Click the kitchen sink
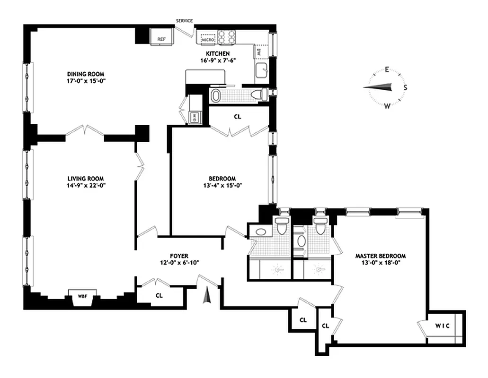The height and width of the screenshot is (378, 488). (x=262, y=71)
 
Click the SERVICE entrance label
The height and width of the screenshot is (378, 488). (x=184, y=21)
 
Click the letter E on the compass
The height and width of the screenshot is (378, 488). (x=387, y=70)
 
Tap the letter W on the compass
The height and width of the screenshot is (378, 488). (x=387, y=105)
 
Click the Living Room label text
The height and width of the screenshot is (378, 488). (x=85, y=179)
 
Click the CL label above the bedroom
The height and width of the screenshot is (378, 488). (x=237, y=116)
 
